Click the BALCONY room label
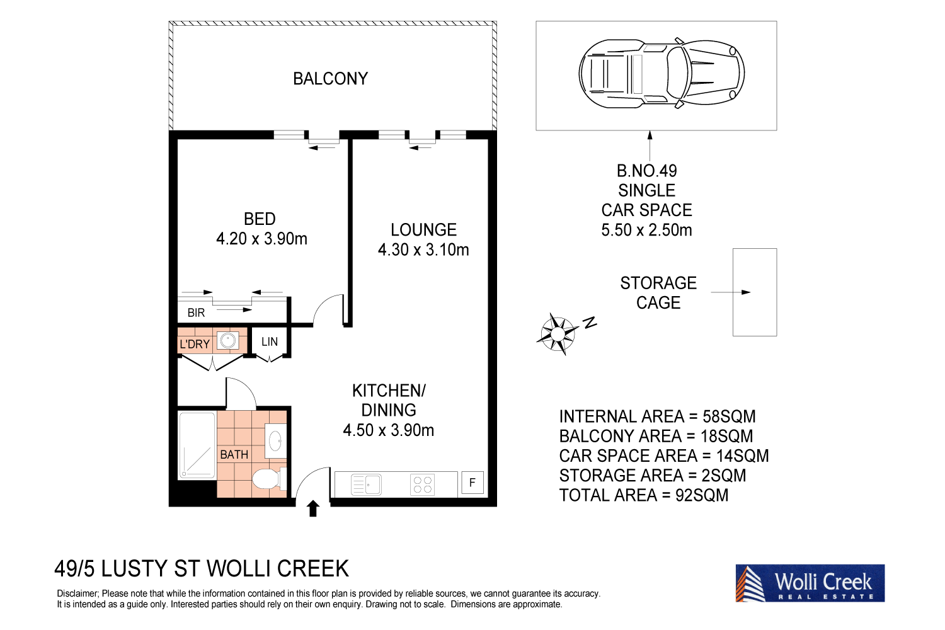click(330, 79)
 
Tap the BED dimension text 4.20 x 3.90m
click(261, 239)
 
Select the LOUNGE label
click(423, 230)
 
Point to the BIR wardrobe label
click(196, 312)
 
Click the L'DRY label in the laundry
click(194, 344)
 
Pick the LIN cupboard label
click(270, 341)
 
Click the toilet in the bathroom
click(269, 479)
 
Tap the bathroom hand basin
click(275, 440)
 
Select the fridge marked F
click(472, 483)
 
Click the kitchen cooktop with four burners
click(422, 484)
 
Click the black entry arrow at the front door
click(313, 508)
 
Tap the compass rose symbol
click(558, 333)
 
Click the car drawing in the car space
click(661, 72)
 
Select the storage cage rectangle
click(754, 292)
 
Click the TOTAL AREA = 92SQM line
click(643, 495)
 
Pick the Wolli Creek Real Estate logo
click(810, 583)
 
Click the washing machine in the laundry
click(229, 341)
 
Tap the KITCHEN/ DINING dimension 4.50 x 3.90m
click(388, 430)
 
